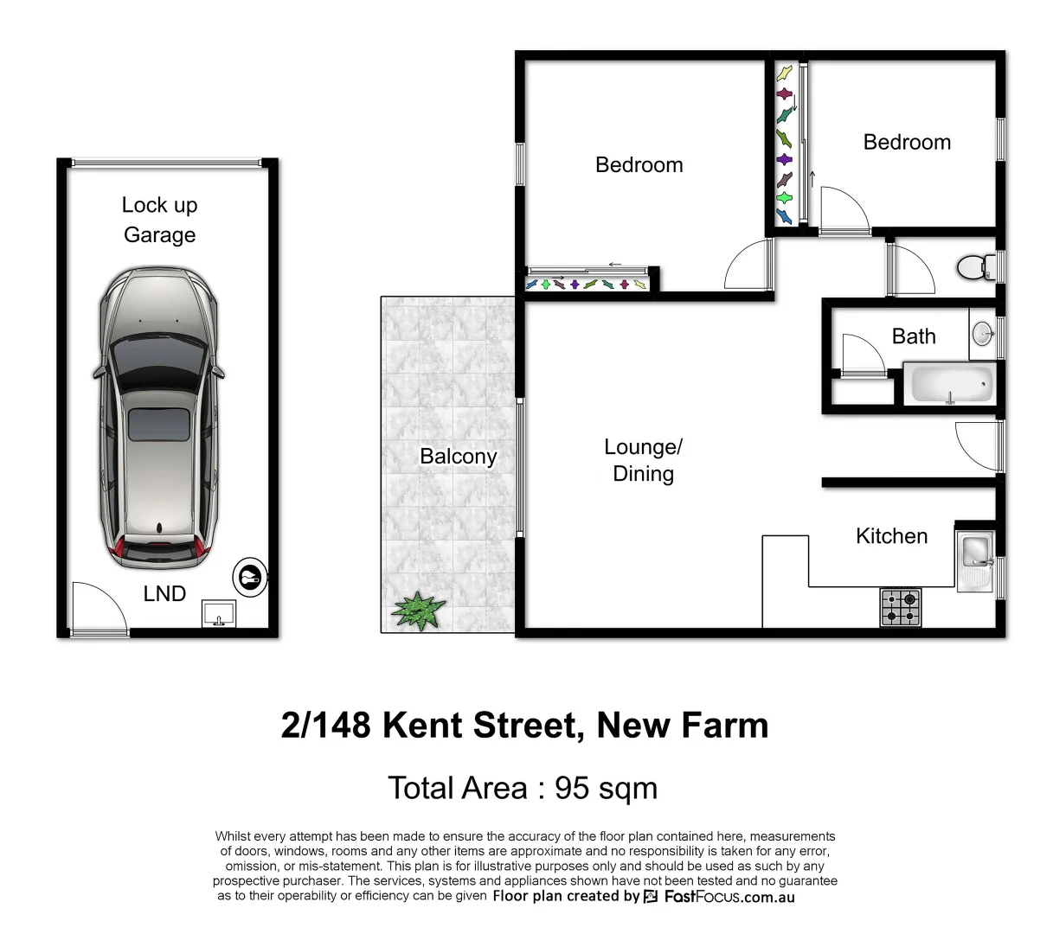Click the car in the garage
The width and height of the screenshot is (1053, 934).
[158, 417]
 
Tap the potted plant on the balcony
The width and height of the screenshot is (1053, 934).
[419, 611]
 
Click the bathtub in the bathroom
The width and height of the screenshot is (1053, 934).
[949, 383]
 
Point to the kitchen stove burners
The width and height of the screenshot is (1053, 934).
[901, 607]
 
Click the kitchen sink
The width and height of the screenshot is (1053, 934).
[976, 558]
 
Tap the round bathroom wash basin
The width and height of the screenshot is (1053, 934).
[983, 333]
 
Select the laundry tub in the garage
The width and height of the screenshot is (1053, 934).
[218, 614]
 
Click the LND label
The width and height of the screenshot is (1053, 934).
[164, 593]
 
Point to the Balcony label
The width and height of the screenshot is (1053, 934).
[458, 456]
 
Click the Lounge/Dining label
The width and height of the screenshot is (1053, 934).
[643, 460]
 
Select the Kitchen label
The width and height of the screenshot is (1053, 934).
[891, 536]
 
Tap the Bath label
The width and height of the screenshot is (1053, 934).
[914, 336]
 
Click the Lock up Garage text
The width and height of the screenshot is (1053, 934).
[159, 220]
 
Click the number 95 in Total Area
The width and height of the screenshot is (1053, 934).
[572, 788]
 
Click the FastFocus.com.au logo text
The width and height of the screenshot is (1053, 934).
[729, 897]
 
